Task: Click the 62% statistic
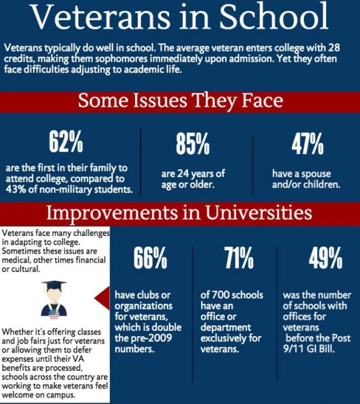pos(66,144)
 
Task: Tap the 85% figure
pos(192,146)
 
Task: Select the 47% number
pos(307,144)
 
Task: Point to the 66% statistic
pos(150,259)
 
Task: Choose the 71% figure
pos(238,259)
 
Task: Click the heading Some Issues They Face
pos(180,101)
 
